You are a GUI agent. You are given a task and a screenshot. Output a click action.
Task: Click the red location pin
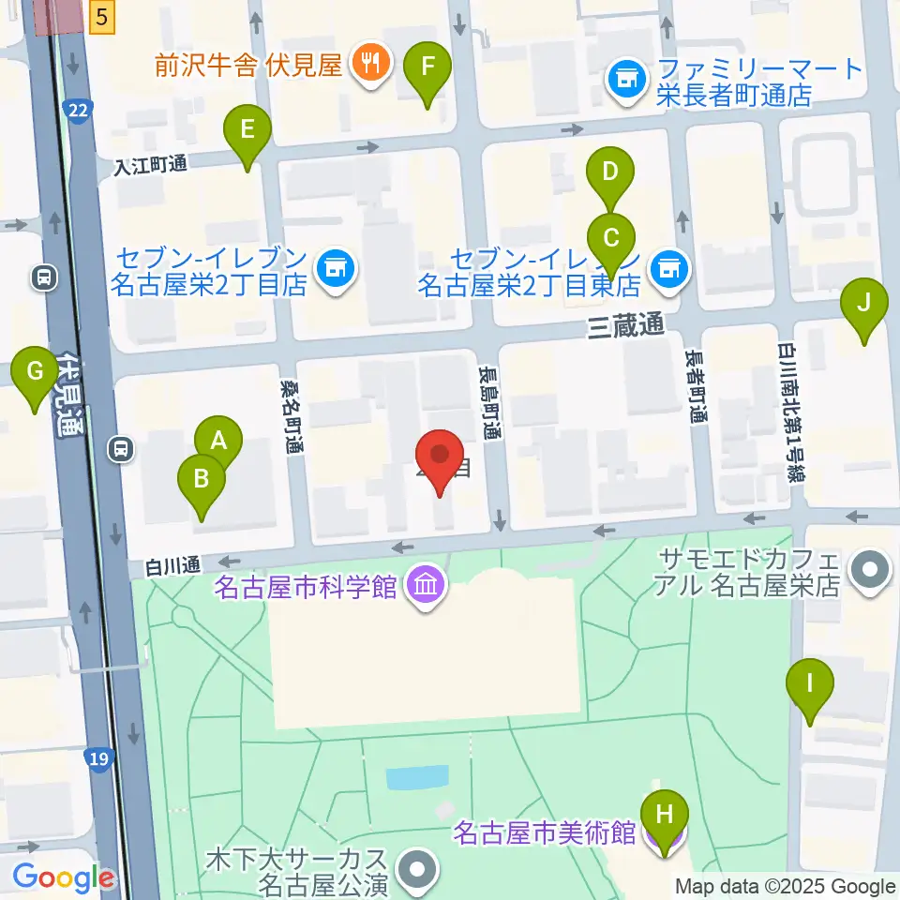439,457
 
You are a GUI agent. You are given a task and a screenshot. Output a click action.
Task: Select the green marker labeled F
427,67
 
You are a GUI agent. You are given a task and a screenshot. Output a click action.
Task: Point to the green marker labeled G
35,371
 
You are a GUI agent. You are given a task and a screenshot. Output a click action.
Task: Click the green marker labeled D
610,172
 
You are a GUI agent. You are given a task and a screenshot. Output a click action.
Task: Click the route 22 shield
78,112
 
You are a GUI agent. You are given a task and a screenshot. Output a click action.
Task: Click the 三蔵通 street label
625,325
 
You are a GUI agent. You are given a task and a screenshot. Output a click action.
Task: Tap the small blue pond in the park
417,777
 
